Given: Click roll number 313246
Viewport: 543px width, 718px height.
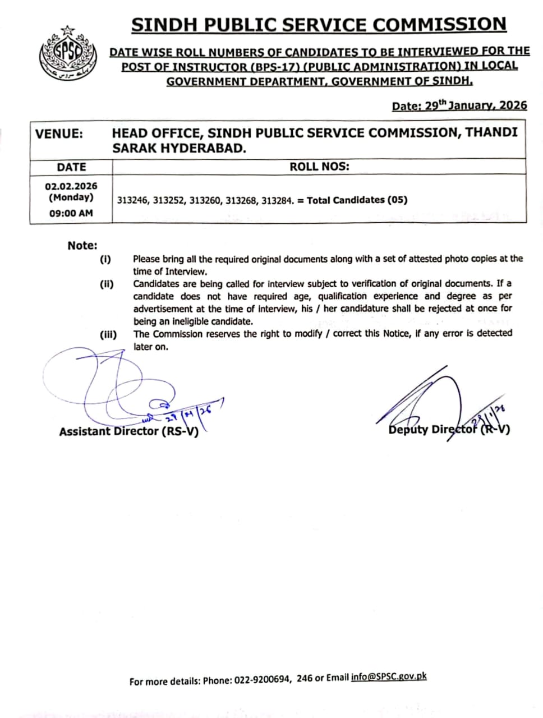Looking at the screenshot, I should coord(132,200).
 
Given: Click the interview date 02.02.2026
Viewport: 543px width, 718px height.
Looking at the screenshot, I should coord(71,186).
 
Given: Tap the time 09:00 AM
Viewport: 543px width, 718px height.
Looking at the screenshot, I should coord(71,213).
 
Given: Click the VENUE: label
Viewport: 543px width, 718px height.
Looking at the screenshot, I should coord(59,134).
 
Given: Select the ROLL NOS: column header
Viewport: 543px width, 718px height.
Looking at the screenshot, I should coord(319,167).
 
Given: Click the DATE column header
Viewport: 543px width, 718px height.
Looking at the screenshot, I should coord(71,167).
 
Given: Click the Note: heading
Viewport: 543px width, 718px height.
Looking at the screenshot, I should coord(82,245).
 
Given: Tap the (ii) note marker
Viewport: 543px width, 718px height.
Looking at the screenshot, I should coord(107,284).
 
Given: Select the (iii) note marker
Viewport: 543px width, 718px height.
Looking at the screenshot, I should coord(108,335).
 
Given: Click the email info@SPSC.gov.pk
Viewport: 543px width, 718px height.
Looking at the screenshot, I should coord(388,677).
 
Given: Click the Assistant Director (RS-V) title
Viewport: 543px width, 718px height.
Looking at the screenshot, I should coord(128,431).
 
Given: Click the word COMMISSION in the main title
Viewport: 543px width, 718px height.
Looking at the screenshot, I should coord(439,25).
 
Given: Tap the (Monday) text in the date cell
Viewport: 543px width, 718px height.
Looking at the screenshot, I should coord(71,197).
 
